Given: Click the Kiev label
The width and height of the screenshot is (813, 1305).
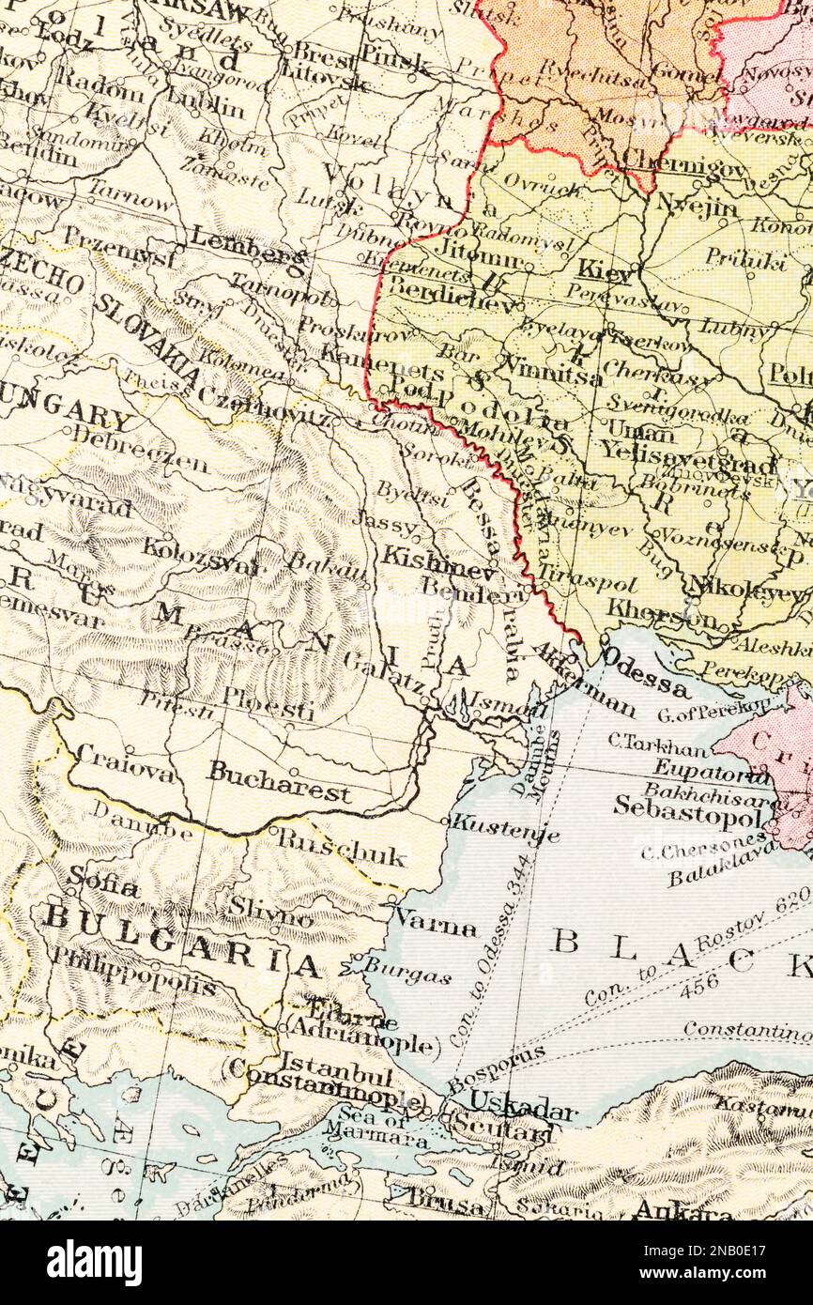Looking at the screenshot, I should pos(606,271).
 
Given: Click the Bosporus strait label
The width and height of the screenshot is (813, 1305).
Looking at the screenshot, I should pos(496,1067).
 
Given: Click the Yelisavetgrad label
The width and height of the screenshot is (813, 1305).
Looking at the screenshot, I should pos(689,456).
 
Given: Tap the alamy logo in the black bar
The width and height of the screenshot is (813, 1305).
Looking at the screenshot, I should pos(94,1263).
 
